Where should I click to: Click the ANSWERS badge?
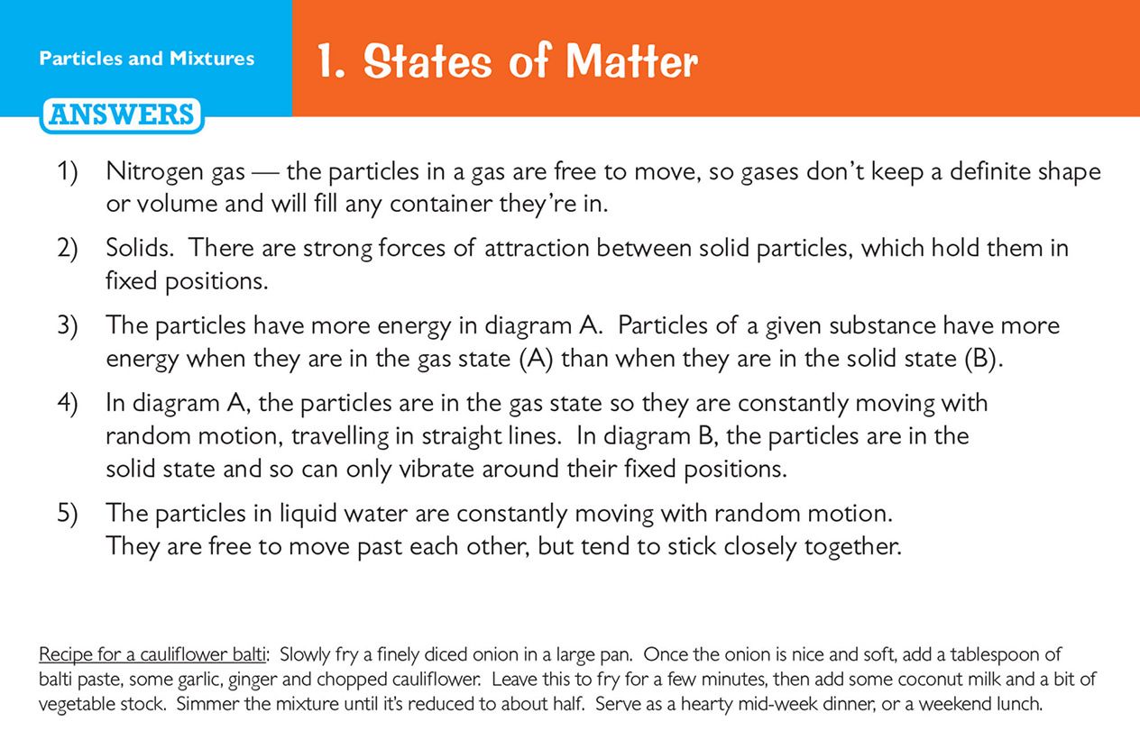(x=122, y=115)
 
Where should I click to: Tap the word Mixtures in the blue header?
(x=212, y=59)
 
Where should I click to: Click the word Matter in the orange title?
(x=631, y=61)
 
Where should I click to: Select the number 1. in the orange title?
(x=331, y=61)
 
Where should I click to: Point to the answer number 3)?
(x=68, y=325)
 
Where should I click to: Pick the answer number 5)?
(x=68, y=513)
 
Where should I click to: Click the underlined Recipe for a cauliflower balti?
(x=152, y=654)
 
